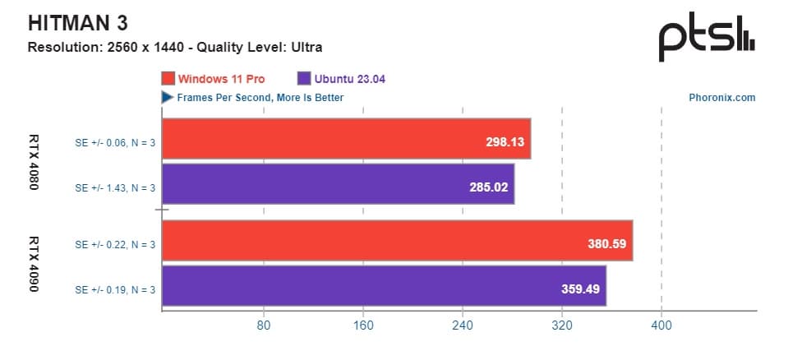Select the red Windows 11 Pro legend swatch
168,79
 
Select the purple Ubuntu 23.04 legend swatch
303,79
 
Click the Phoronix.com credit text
721,97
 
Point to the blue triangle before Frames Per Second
166,97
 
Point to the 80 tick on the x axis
263,325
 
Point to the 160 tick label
362,325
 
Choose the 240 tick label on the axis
463,325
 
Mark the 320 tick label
562,325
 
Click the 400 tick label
661,325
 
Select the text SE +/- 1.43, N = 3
115,187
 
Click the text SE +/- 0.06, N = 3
115,142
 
